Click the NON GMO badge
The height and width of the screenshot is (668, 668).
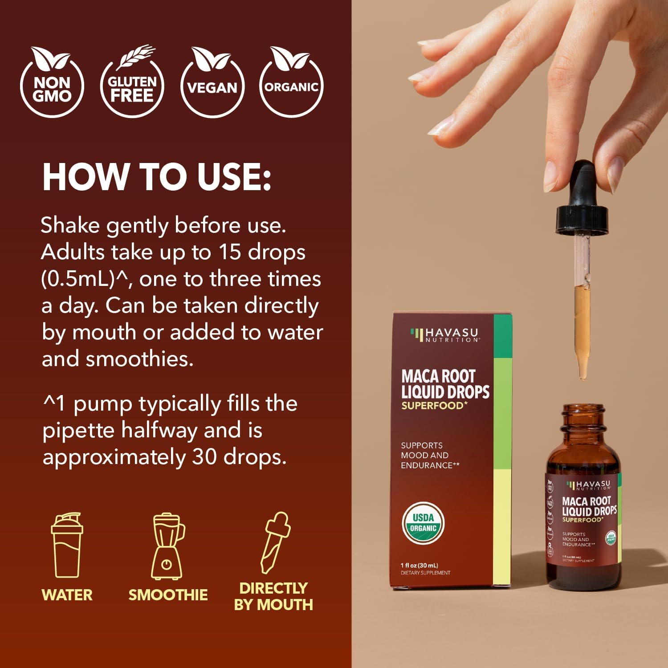coord(52,85)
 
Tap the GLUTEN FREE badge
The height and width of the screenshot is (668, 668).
coord(132,85)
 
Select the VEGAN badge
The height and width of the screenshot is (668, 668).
coord(212,85)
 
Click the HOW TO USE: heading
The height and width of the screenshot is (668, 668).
coord(157,177)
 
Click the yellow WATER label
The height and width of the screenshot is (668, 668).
coord(67,595)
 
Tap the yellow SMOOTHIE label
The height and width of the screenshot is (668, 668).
coord(168,595)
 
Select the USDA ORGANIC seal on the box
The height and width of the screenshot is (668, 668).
coord(423,523)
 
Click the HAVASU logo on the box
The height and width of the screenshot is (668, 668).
coord(445,334)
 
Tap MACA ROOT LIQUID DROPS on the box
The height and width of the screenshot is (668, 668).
coord(445,384)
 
